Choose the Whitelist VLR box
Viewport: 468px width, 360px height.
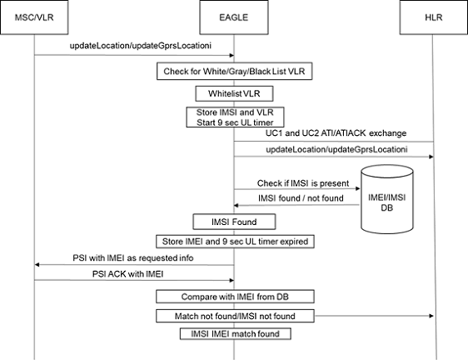pyautogui.click(x=233, y=93)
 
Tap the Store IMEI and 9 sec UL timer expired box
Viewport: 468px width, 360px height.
pyautogui.click(x=233, y=242)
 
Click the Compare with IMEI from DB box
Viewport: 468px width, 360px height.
pyautogui.click(x=233, y=296)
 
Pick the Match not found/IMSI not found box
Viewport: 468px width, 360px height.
pyautogui.click(x=233, y=316)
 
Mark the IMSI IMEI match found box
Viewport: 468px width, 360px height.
pyautogui.click(x=233, y=334)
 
